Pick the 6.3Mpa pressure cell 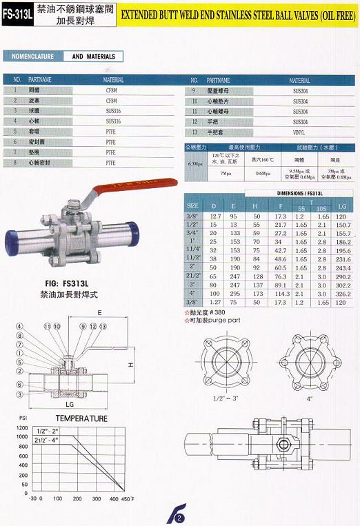195,163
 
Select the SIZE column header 193,205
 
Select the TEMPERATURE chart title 81,418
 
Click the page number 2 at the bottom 179,518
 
